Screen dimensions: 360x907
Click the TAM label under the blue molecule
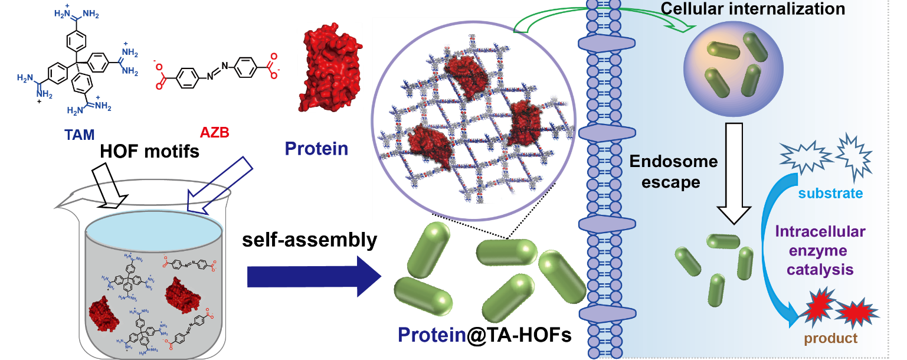click(80, 136)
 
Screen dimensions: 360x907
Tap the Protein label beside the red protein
click(316, 148)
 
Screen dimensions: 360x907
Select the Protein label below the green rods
click(432, 335)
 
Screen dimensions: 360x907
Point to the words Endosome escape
click(673, 172)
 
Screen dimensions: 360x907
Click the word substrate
click(831, 194)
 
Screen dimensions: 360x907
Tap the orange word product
click(830, 339)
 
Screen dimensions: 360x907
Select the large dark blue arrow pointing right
click(313, 276)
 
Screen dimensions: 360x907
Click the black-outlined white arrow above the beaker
click(112, 180)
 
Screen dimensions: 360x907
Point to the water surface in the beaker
click(155, 225)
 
